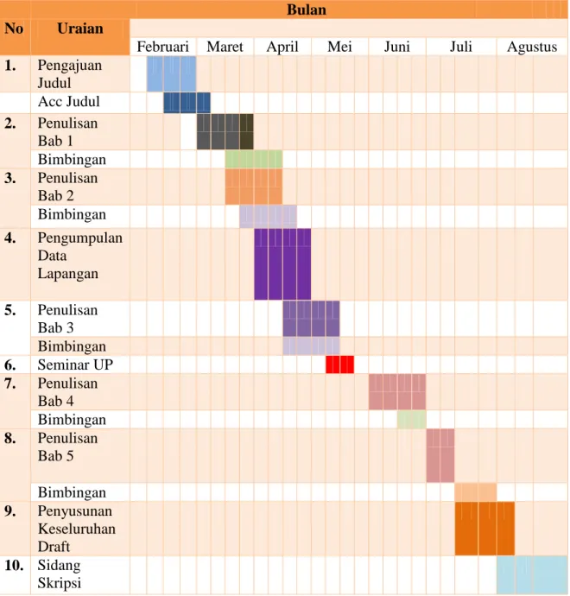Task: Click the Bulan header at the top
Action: pyautogui.click(x=307, y=10)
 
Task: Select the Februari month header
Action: pyautogui.click(x=162, y=47)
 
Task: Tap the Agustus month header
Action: pyautogui.click(x=532, y=48)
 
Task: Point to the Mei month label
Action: pyautogui.click(x=339, y=47)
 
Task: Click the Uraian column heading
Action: pyautogui.click(x=80, y=29)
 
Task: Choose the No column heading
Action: pyautogui.click(x=14, y=29)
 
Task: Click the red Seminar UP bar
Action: pyautogui.click(x=339, y=365)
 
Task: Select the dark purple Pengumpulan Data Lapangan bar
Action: pyautogui.click(x=282, y=264)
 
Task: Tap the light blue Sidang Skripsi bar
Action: pyautogui.click(x=532, y=575)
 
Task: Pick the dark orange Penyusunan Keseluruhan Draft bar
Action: pyautogui.click(x=484, y=529)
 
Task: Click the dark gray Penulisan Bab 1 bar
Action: pyautogui.click(x=225, y=131)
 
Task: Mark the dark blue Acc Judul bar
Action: pyautogui.click(x=187, y=103)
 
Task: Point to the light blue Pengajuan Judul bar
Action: pyautogui.click(x=171, y=73)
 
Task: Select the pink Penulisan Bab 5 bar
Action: pyautogui.click(x=440, y=455)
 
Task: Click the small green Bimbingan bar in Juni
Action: pyautogui.click(x=412, y=419)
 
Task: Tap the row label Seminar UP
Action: pyautogui.click(x=75, y=365)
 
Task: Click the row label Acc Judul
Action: pyautogui.click(x=69, y=101)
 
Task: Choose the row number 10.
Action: pyautogui.click(x=14, y=565)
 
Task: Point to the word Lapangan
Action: pyautogui.click(x=68, y=274)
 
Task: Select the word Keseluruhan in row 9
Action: pyautogui.click(x=77, y=529)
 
